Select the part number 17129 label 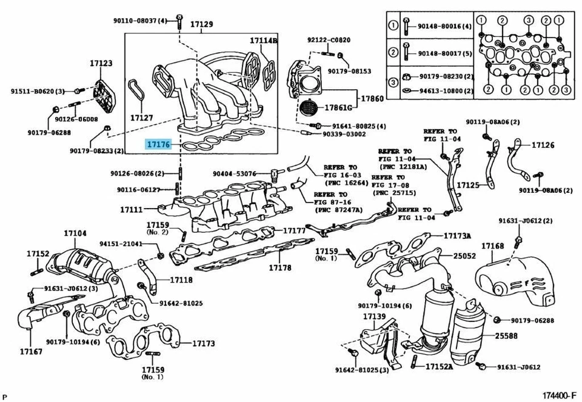(x=201, y=24)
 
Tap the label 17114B (x=264, y=41)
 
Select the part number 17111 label (x=131, y=209)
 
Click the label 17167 (x=30, y=351)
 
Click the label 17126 (x=543, y=145)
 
